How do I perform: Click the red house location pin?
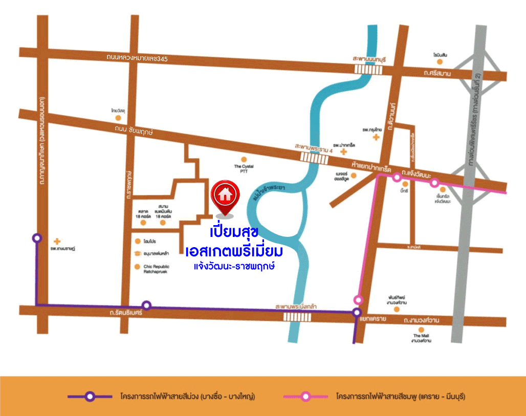(224, 196)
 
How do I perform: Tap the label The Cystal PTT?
(244, 169)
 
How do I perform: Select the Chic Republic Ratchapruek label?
(156, 269)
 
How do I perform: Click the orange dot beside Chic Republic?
(137, 267)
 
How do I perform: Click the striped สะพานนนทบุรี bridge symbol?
(369, 69)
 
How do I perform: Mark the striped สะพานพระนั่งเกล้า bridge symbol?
(297, 317)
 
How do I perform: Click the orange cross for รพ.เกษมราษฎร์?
(57, 240)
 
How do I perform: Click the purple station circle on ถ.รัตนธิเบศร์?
(146, 305)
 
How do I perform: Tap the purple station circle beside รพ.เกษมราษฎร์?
(36, 238)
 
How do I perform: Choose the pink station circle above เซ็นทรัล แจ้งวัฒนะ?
(434, 183)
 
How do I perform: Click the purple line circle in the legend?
(90, 396)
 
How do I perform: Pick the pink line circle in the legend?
(305, 396)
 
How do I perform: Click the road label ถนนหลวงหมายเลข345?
(137, 58)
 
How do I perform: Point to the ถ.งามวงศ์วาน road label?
(421, 321)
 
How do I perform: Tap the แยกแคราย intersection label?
(372, 318)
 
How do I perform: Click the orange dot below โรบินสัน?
(439, 62)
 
